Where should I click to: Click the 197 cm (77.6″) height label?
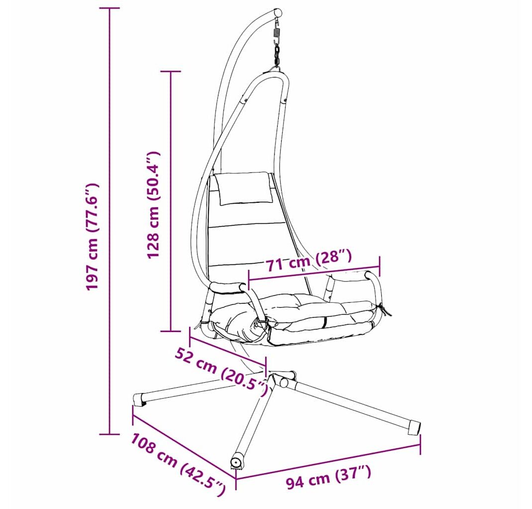93,236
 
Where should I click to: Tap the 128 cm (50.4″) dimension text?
153,205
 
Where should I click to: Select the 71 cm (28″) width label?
308,260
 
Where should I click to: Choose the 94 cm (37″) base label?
328,477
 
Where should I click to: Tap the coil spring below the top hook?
277,34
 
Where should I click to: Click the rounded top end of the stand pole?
278,13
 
